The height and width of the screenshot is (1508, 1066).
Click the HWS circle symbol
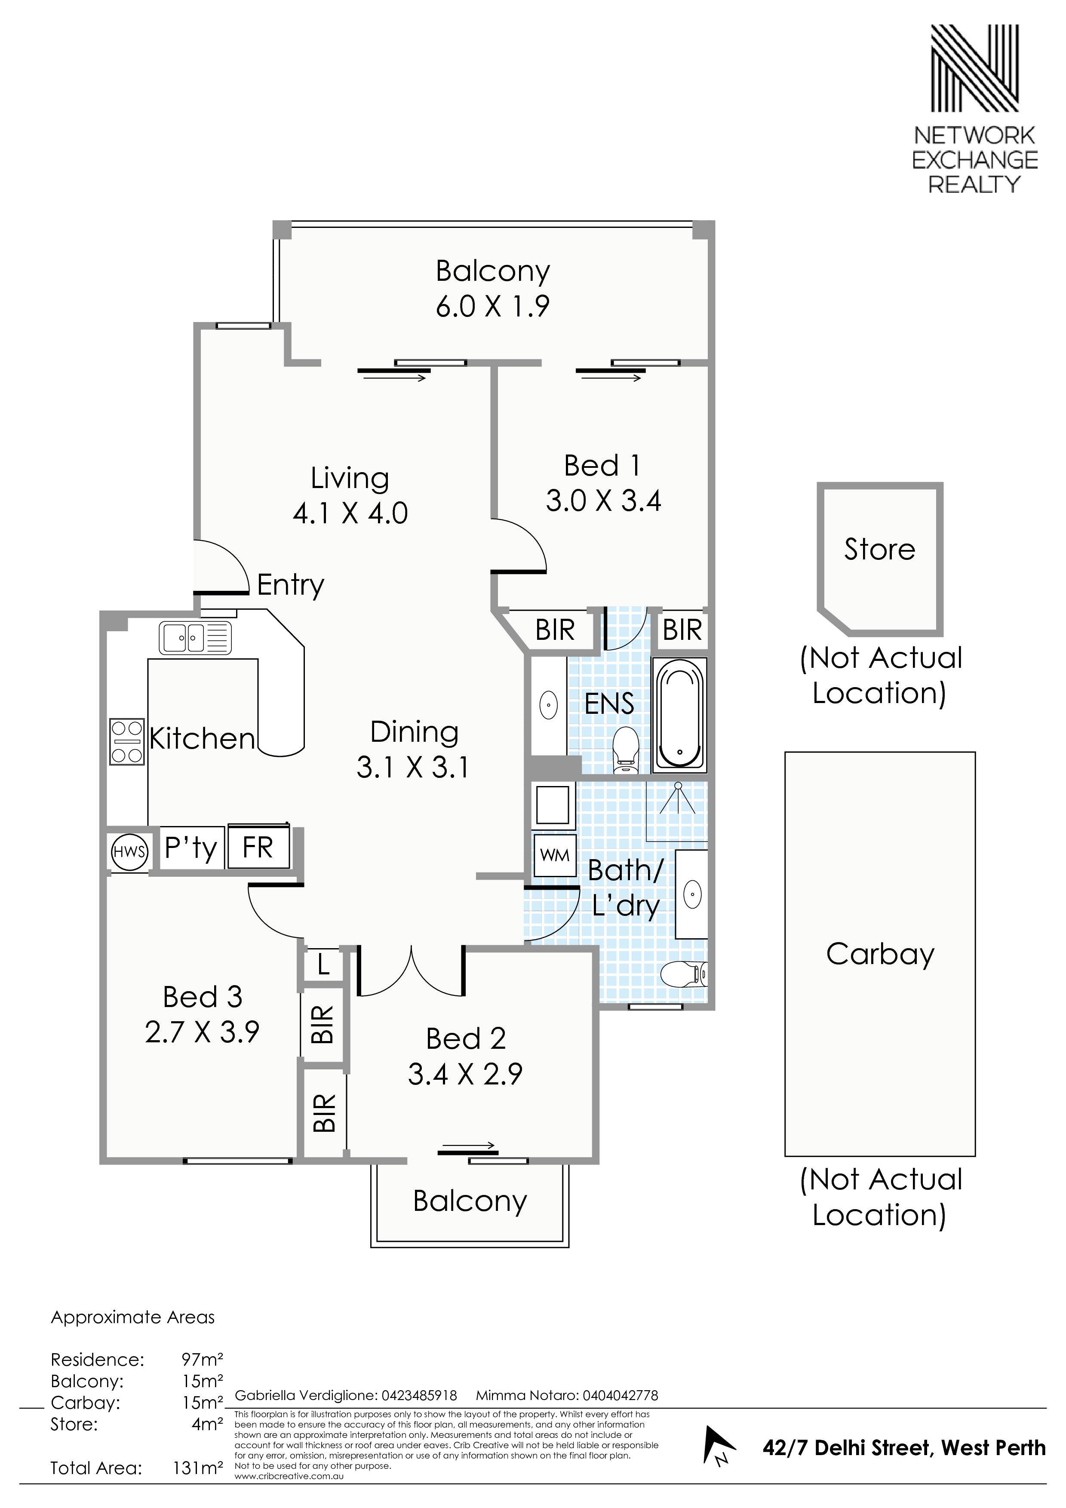tap(129, 852)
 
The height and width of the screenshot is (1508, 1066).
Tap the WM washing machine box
tap(555, 856)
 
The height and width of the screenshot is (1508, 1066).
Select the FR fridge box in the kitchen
tap(258, 847)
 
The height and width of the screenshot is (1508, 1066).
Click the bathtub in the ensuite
tap(680, 715)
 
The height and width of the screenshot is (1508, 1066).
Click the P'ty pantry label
tap(190, 848)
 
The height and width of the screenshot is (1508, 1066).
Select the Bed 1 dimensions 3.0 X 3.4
tap(603, 501)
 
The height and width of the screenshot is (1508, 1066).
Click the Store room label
tap(879, 549)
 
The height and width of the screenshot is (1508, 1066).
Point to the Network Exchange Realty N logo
tap(975, 77)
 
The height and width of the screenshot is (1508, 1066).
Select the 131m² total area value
tap(198, 1467)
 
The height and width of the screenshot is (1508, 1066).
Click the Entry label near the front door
tap(290, 584)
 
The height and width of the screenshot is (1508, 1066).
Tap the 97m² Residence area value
tap(203, 1359)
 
